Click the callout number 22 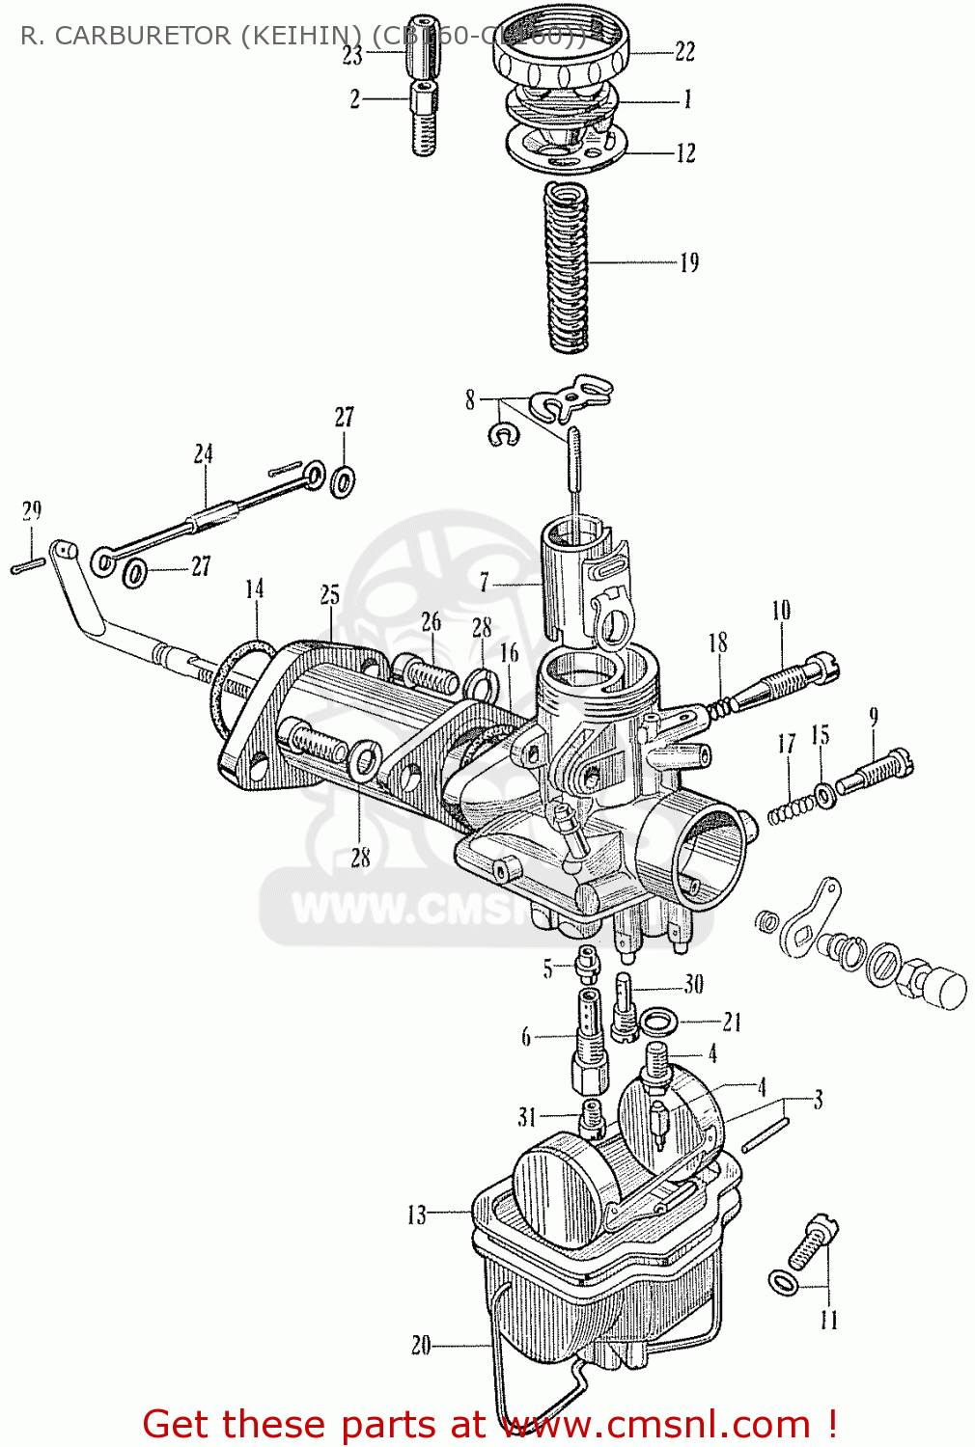(684, 51)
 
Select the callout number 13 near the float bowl (416, 1215)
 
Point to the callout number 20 (421, 1345)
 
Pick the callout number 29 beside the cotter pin (32, 510)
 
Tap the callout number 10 (781, 610)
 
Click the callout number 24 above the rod (203, 453)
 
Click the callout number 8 (470, 399)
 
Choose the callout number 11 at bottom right (829, 1320)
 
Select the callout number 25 (330, 594)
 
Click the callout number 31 (527, 1117)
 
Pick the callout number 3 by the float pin (818, 1100)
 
